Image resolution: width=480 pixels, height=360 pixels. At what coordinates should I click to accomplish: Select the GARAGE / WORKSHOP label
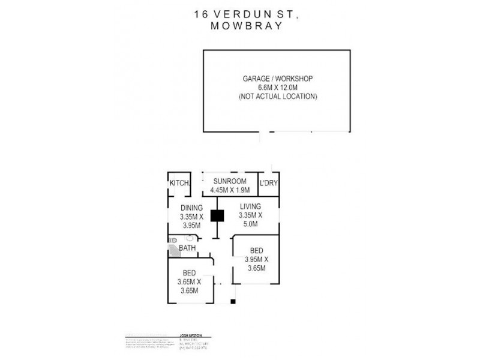pyautogui.click(x=278, y=79)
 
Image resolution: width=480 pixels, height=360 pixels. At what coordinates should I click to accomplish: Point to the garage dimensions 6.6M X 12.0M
pyautogui.click(x=278, y=88)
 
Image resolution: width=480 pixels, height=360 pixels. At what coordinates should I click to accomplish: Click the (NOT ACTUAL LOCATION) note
pyautogui.click(x=278, y=97)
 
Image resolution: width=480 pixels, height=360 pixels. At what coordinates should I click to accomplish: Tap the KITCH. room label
pyautogui.click(x=179, y=183)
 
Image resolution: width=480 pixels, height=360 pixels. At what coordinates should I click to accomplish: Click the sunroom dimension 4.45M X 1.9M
pyautogui.click(x=229, y=191)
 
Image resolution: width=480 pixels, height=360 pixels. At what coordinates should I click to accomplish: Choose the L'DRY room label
pyautogui.click(x=269, y=183)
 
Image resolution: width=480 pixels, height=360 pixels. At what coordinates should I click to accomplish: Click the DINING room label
pyautogui.click(x=191, y=208)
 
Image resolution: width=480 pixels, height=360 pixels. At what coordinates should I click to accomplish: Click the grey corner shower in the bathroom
pyautogui.click(x=173, y=250)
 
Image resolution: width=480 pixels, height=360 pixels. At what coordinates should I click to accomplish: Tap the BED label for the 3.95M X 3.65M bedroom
pyautogui.click(x=256, y=251)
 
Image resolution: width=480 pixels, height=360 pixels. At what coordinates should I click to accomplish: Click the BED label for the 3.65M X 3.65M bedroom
pyautogui.click(x=190, y=273)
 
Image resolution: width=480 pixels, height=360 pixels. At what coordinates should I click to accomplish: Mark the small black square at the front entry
pyautogui.click(x=233, y=301)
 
